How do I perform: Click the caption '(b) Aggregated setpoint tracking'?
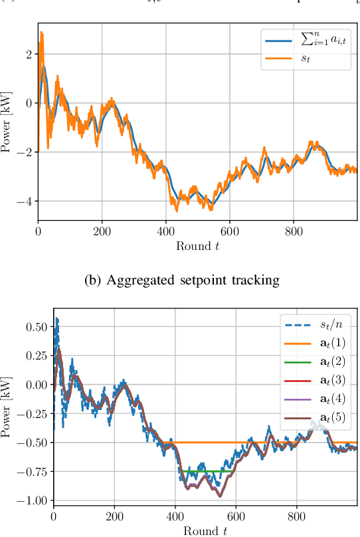[180, 280]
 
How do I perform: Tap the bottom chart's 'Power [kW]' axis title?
[8, 405]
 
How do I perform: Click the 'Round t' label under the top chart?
[197, 247]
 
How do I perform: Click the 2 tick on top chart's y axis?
[28, 54]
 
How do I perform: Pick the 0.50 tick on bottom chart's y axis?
[36, 327]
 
